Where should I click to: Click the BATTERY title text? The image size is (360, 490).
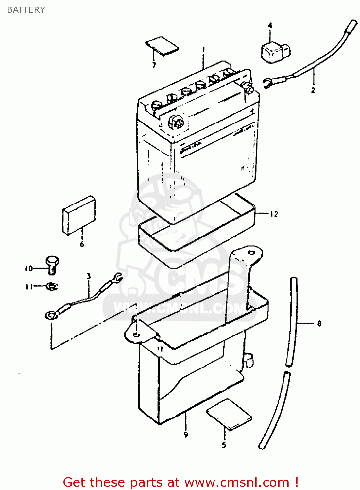26,10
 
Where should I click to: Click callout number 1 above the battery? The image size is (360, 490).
203,50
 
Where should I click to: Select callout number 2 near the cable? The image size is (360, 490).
313,90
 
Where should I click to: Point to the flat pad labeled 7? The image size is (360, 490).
162,45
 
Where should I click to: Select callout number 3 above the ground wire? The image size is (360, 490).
89,276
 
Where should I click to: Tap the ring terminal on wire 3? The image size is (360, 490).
50,315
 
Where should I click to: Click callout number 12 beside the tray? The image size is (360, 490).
274,214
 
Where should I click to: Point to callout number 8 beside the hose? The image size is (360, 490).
319,324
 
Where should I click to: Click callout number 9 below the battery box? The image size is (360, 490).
186,434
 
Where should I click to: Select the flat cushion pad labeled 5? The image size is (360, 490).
229,414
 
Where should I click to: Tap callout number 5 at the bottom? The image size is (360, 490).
224,445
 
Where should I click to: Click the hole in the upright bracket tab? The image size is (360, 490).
251,252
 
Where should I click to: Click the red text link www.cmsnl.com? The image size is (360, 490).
237,482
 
